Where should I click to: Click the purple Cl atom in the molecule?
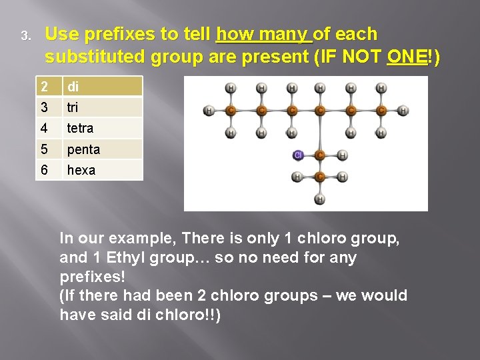298,155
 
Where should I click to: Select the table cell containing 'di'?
103,87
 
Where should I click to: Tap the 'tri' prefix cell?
103,107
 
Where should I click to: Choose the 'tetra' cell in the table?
103,128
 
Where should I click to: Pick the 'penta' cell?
103,149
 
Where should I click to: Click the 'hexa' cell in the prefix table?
103,170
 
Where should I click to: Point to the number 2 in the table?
44,87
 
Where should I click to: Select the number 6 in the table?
44,170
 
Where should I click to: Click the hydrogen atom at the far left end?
209,111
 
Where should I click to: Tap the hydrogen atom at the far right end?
403,111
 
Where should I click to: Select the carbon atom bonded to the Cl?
320,155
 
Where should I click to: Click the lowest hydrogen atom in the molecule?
320,199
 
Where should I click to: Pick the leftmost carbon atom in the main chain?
231,111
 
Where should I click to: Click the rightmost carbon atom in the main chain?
381,111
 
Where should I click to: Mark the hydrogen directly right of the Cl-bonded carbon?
342,155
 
